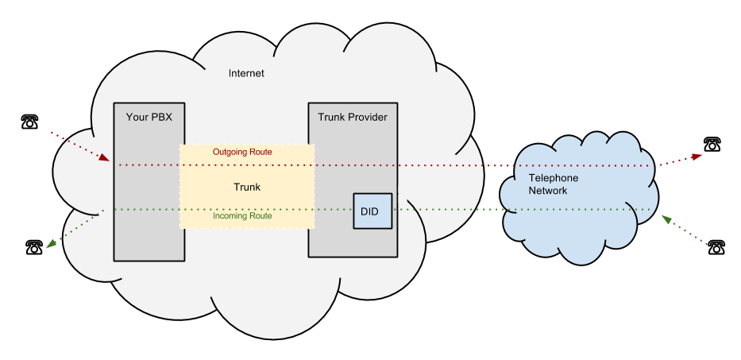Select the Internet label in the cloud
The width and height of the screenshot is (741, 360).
[246, 73]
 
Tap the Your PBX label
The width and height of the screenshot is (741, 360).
[149, 118]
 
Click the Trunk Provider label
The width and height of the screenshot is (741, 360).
[353, 118]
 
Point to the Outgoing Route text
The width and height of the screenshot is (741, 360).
[242, 152]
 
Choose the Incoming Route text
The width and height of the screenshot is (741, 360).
[242, 216]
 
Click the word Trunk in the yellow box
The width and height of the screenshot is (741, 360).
[247, 188]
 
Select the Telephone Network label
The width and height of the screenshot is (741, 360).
[553, 184]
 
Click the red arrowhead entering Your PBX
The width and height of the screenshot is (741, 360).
[104, 157]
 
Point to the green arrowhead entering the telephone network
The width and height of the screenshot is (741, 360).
[666, 219]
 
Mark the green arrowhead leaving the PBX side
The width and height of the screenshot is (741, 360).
[52, 244]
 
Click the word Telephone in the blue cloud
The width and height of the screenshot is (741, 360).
[554, 178]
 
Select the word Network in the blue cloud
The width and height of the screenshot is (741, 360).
[548, 191]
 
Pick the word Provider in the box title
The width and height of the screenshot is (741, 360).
[369, 118]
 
